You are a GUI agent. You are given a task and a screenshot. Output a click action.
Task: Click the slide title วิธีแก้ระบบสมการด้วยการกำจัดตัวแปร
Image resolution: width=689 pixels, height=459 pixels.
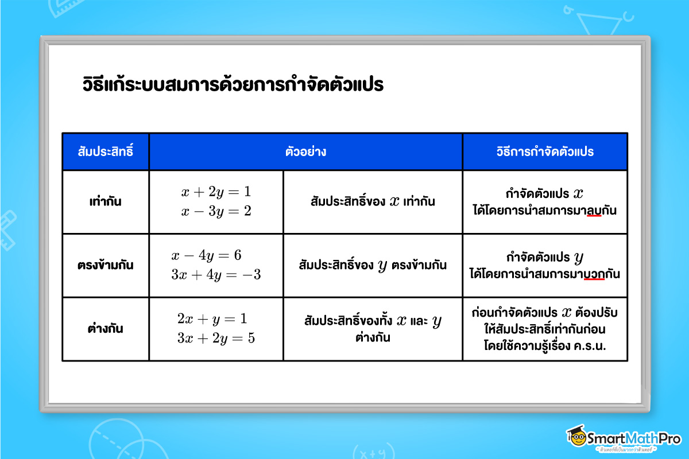pos(232,85)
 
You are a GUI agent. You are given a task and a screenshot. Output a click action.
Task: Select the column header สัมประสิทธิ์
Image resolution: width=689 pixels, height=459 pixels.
pos(105,152)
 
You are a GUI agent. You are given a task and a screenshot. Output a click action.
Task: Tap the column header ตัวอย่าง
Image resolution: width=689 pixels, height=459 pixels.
pos(305,152)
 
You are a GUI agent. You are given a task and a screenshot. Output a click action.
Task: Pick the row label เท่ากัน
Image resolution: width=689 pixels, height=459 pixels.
pos(105,202)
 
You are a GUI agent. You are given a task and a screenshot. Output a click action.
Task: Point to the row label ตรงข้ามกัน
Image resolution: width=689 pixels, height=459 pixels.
pos(105,266)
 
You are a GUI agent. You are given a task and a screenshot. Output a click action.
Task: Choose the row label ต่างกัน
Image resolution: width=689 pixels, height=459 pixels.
pos(105,329)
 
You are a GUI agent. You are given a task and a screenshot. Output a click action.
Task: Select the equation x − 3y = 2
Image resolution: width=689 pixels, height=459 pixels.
pos(216,211)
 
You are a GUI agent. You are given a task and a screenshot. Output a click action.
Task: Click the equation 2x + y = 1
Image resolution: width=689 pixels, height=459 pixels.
pos(212,319)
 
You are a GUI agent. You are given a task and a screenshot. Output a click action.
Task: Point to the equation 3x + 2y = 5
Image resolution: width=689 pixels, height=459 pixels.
pos(216,338)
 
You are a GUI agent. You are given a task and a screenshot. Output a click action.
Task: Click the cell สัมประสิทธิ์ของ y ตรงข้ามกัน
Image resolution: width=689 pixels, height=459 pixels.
pos(372,266)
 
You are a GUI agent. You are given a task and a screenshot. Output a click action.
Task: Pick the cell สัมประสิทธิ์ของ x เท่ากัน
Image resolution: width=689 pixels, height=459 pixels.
pos(372,202)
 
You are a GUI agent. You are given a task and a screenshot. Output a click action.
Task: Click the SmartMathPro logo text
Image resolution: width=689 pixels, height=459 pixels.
pos(632,439)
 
